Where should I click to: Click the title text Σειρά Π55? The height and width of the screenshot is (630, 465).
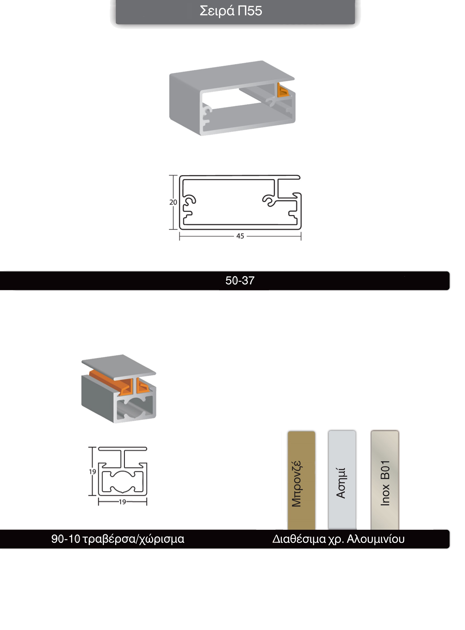[x=231, y=11]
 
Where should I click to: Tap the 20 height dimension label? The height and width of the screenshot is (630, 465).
[x=173, y=202]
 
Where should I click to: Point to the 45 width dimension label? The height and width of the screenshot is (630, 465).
[x=240, y=236]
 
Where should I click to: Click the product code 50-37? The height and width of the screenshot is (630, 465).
[x=240, y=280]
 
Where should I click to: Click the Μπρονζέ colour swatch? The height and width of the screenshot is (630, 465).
[x=301, y=480]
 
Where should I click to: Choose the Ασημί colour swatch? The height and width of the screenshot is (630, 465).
[x=342, y=480]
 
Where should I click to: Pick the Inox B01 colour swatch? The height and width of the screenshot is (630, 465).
[x=385, y=480]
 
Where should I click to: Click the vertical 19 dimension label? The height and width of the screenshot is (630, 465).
[x=93, y=471]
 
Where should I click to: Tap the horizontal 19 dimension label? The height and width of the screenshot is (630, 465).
[x=122, y=502]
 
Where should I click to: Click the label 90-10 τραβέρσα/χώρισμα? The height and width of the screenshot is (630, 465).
[x=118, y=539]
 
